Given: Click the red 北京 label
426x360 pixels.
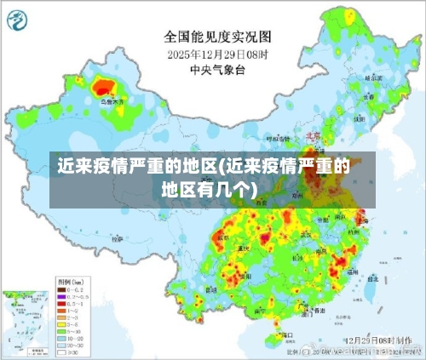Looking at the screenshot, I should click(312, 135).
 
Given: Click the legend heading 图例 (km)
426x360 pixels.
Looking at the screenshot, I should click(67, 280).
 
